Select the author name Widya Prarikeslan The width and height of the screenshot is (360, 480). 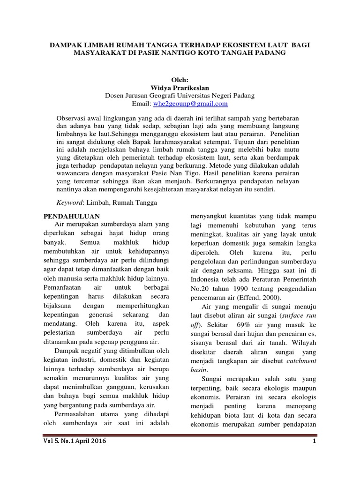pos(180,87)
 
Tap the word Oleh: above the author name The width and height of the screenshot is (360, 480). pos(180,79)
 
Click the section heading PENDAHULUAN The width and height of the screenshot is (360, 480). pos(72,216)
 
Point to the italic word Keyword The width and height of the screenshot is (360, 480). pos(69,202)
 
